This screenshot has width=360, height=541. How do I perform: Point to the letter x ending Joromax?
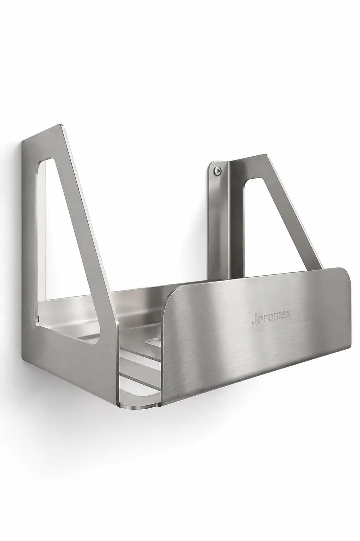click(x=288, y=314)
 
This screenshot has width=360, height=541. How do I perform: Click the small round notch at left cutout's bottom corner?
click(x=39, y=317)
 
